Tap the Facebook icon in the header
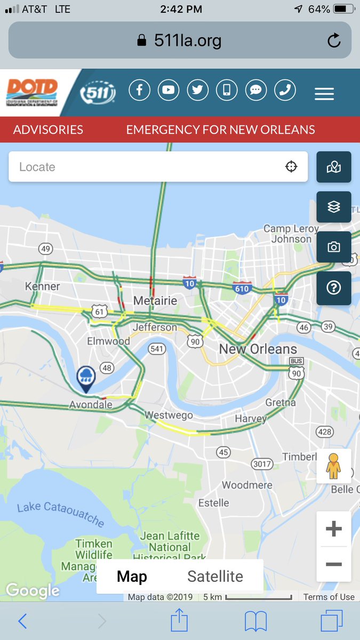tap(139, 90)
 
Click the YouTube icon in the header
tap(169, 90)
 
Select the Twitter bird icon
tap(198, 90)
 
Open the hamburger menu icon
tap(324, 94)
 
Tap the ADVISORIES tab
tap(48, 130)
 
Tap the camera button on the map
tap(334, 247)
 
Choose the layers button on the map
tap(334, 207)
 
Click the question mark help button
tap(334, 288)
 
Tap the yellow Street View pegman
tap(334, 466)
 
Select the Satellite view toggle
tap(215, 576)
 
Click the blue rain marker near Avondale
tap(86, 378)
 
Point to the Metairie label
tap(155, 301)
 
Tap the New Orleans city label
tap(258, 349)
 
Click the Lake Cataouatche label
tap(60, 514)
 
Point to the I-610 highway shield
tap(242, 289)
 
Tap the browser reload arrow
tap(334, 41)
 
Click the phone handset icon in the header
tap(285, 90)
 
